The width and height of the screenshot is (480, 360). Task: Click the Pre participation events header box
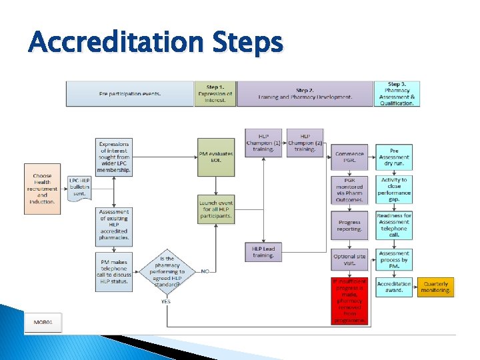(129, 94)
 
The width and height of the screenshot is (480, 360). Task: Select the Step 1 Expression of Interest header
(215, 94)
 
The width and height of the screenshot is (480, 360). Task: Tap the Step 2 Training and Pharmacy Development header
(305, 94)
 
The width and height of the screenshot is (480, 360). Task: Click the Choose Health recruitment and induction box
(42, 189)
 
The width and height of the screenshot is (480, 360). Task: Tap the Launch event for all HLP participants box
(216, 209)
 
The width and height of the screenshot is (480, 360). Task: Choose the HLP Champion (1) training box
(263, 143)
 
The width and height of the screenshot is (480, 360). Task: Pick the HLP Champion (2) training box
(305, 143)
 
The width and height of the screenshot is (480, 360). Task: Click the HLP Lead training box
(263, 251)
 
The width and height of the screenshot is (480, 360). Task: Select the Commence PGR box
(349, 157)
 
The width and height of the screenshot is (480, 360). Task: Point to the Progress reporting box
(349, 225)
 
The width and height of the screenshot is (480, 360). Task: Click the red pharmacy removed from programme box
(349, 300)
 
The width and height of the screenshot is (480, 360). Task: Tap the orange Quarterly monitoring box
(435, 287)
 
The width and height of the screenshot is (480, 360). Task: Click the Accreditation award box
(394, 287)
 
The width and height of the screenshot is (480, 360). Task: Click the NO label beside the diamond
(205, 271)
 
